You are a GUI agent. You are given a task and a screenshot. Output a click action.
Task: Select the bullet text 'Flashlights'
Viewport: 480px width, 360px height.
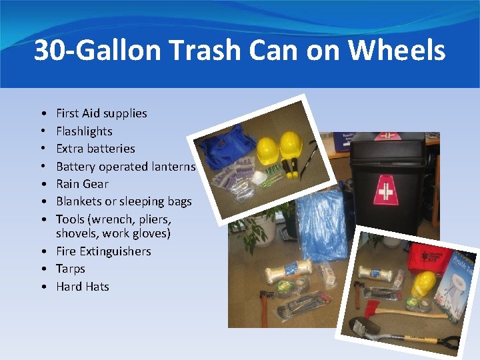pos(84,131)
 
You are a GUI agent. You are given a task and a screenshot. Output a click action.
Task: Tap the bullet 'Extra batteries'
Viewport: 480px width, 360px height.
pos(95,149)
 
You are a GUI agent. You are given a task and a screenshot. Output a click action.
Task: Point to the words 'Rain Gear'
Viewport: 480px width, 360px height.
pos(82,184)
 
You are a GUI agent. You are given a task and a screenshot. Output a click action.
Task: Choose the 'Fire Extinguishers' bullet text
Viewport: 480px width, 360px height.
pos(103,251)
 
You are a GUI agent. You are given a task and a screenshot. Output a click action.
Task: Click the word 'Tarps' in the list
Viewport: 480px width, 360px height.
pos(71,269)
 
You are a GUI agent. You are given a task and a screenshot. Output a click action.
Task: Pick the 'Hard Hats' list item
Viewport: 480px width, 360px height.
pos(83,287)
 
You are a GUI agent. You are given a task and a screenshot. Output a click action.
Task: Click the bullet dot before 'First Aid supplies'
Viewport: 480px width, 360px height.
pos(43,114)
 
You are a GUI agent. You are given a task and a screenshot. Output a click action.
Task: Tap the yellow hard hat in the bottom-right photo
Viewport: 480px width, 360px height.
pos(423,284)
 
